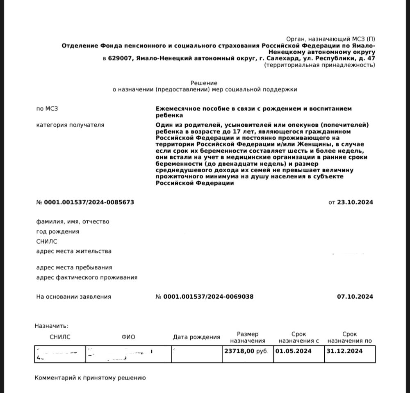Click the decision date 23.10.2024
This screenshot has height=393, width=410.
(x=355, y=202)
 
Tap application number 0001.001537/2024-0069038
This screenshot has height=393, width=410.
(x=208, y=297)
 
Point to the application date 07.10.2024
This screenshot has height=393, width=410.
(x=355, y=297)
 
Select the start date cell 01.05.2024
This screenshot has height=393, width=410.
(x=294, y=351)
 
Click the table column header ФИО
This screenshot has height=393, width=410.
(x=128, y=337)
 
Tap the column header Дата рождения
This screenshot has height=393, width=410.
(x=196, y=337)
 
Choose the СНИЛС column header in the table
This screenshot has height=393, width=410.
(x=60, y=337)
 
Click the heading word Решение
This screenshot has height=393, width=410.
(x=204, y=83)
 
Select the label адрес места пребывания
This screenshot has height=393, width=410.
(x=74, y=267)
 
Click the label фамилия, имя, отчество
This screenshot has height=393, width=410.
(x=73, y=222)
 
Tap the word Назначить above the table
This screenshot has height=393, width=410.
(x=51, y=326)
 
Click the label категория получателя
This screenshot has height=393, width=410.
(x=70, y=125)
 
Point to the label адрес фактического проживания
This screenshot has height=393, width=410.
(x=87, y=277)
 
